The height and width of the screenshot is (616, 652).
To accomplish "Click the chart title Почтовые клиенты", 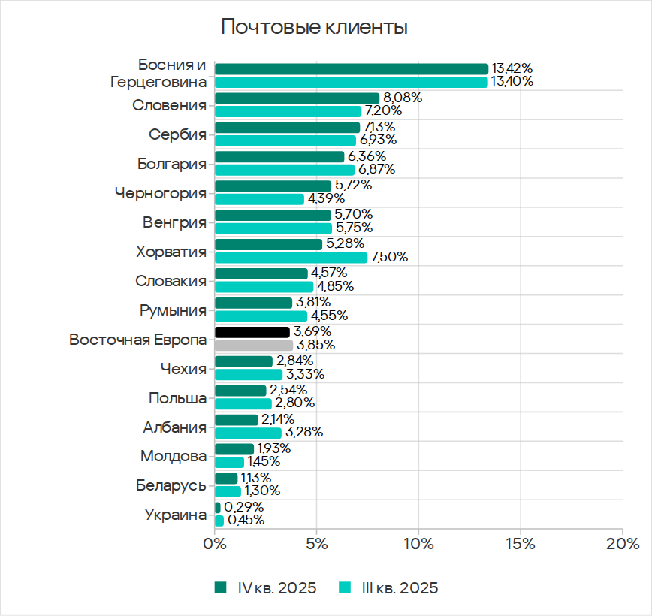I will pos(314,28).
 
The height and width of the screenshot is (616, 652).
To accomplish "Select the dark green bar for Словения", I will pos(297,98).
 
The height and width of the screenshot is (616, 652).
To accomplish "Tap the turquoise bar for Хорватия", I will pos(291,258).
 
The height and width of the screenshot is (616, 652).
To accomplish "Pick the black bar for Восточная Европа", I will pos(252,331).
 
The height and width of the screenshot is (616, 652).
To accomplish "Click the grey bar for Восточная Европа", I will pos(254,346).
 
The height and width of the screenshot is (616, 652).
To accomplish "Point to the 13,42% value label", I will pos(512,69).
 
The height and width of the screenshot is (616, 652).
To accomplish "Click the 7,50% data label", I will pos(390,258).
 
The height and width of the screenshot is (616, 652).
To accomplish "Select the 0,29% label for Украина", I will pos(243,507).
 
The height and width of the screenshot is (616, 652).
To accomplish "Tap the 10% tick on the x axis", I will pos(418,543).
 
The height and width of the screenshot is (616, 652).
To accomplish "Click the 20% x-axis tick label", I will pos(622,543).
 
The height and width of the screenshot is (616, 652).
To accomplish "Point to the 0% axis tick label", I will pos(215,543).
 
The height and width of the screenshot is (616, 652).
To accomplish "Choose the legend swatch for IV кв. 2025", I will pos(220,587).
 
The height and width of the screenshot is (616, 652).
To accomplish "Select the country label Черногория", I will pos(161,193).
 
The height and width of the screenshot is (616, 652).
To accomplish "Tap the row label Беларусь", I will pos(171,485).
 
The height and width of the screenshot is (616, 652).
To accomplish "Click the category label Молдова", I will pos(174,456).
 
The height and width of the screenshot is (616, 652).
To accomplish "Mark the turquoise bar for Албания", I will pos(248,433).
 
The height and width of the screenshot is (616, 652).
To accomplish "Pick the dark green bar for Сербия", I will pos(287,127).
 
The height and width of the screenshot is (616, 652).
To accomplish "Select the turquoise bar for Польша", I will pos(243,403).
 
